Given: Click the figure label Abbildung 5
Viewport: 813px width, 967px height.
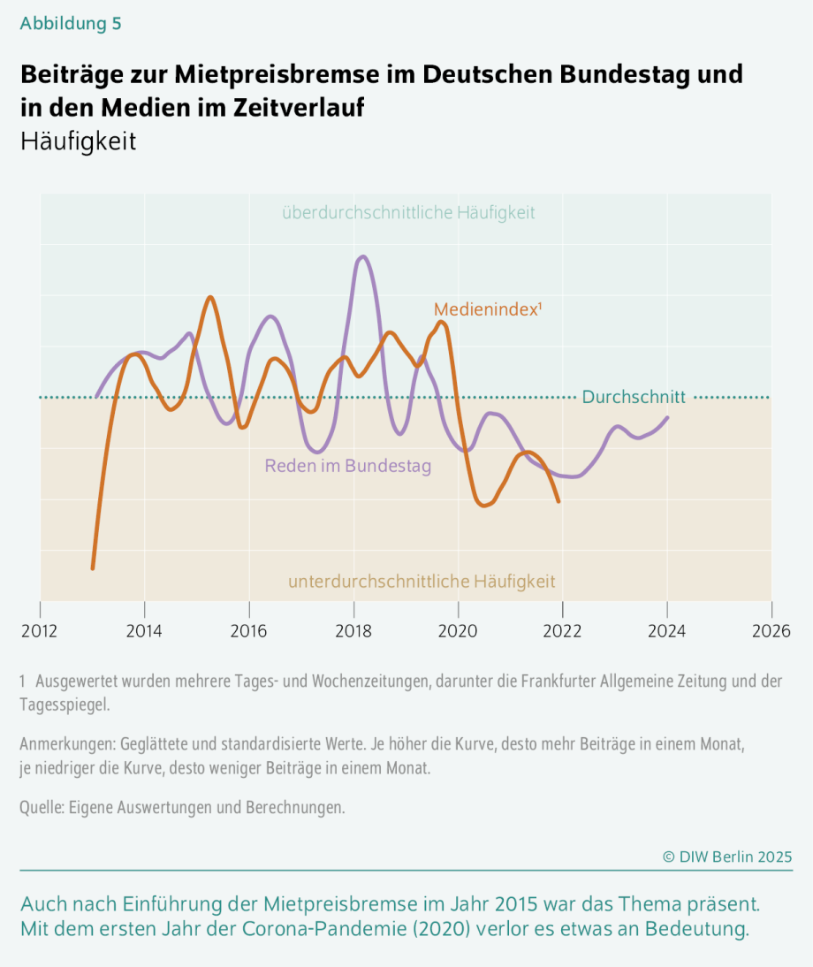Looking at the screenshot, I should tap(71, 24).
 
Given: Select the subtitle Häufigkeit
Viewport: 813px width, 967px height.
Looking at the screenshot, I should tap(78, 141).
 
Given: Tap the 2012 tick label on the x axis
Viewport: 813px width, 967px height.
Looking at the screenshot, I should tap(40, 632).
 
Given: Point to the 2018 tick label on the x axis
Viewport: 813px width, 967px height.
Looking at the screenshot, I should tap(353, 632).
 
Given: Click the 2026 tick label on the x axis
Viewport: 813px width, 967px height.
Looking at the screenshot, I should tap(771, 632).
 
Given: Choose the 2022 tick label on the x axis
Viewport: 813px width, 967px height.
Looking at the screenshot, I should tap(562, 632).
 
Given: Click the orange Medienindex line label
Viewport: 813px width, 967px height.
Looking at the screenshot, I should tap(486, 309).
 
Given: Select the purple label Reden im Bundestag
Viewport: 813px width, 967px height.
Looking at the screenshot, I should tap(348, 466).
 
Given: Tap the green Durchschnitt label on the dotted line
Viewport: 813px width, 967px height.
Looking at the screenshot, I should tap(633, 398).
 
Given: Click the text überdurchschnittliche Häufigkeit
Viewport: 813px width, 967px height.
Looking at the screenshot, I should tap(408, 213).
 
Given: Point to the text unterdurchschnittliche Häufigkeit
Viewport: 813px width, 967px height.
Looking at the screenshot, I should tap(422, 582).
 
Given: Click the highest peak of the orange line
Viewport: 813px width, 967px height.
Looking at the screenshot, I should tap(210, 297).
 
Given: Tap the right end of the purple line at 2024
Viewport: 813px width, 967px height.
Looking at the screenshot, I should tap(667, 417).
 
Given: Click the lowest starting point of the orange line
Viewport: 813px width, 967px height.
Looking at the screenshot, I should tap(93, 567).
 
